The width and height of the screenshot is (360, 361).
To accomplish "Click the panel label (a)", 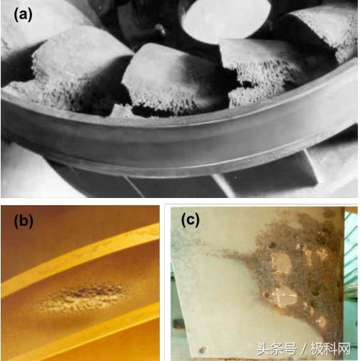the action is click(23, 14).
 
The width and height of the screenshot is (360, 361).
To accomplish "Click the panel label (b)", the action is click(24, 222).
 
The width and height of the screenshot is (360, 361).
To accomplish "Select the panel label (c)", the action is click(190, 219).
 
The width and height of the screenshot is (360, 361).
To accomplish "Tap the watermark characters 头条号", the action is click(277, 349).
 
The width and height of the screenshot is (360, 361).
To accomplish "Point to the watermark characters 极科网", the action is click(331, 349).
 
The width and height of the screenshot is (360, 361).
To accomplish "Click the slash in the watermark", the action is click(304, 350).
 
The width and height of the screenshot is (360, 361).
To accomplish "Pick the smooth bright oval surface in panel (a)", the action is click(226, 19).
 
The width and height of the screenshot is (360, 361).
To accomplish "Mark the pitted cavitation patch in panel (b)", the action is click(80, 299).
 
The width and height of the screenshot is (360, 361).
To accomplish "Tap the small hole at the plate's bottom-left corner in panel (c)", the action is click(202, 350).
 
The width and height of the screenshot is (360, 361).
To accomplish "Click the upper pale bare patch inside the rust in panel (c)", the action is click(281, 263).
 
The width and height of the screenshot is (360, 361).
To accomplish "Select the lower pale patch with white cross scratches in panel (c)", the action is click(286, 297).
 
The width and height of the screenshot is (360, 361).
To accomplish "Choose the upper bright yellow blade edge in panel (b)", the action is click(81, 259).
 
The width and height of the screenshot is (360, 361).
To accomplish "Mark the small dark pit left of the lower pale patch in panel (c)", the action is click(267, 295).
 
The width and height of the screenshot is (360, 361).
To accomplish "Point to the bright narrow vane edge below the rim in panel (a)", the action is click(223, 185).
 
